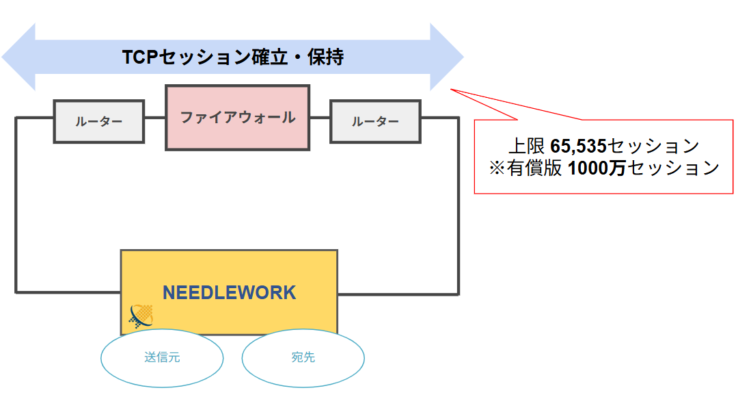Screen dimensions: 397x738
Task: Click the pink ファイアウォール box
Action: click(237, 117)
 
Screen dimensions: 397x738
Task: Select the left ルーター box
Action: click(99, 121)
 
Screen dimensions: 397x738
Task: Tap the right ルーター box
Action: click(375, 121)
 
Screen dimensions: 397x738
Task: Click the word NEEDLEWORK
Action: click(229, 293)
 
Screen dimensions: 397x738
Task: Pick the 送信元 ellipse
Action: click(162, 358)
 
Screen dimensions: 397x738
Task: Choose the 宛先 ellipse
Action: click(303, 358)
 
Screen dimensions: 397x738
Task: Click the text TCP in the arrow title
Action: click(139, 57)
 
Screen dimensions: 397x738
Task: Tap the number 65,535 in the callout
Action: click(578, 146)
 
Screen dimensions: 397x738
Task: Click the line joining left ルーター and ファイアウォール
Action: click(154, 118)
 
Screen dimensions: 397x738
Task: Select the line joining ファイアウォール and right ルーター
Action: click(320, 118)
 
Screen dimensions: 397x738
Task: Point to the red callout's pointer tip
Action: click(450, 90)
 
